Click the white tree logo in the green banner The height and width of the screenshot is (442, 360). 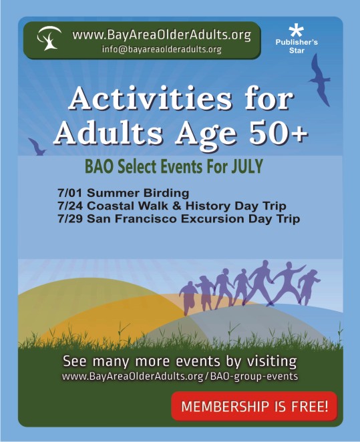click(49, 38)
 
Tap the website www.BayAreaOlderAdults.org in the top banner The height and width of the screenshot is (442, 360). click(162, 35)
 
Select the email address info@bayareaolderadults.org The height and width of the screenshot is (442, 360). click(162, 49)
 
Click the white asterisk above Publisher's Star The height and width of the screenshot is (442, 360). click(297, 31)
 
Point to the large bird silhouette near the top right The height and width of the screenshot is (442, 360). click(320, 80)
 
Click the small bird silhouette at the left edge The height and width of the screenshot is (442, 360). click(37, 147)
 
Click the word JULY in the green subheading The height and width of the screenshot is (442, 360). click(247, 166)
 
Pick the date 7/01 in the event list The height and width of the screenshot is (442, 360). click(70, 194)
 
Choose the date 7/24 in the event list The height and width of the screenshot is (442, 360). click(70, 206)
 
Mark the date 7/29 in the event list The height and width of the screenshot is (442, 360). click(70, 219)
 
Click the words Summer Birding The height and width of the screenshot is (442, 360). click(138, 194)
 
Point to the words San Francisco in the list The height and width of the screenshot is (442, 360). click(132, 219)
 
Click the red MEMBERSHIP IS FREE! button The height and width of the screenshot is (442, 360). click(254, 406)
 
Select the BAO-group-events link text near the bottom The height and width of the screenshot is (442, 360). click(254, 377)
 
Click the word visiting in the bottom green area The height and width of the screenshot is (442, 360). click(272, 361)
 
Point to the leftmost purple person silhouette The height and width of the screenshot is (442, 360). click(188, 298)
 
